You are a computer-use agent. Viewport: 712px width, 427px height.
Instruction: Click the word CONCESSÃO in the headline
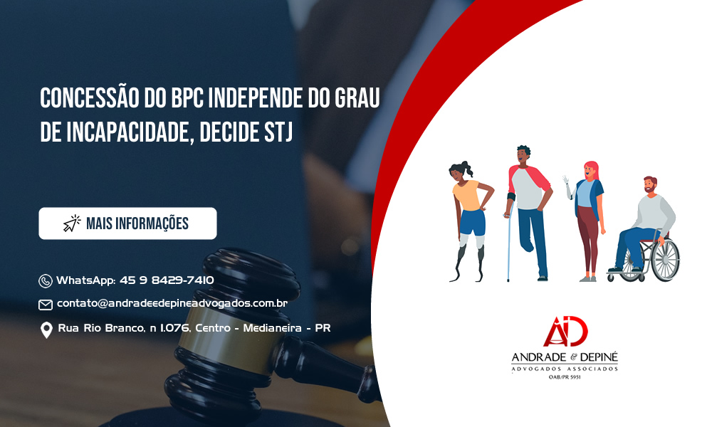tap(89, 98)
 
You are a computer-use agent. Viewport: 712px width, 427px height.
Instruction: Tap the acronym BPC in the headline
tap(187, 98)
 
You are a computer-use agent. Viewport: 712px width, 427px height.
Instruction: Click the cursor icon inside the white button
tap(72, 223)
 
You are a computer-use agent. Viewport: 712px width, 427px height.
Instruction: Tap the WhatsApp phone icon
tap(46, 281)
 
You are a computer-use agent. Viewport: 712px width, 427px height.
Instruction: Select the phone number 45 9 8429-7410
tap(167, 280)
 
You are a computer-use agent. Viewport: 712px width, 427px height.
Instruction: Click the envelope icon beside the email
tap(46, 305)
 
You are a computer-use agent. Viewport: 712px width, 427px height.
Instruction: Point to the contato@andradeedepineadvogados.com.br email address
tap(172, 303)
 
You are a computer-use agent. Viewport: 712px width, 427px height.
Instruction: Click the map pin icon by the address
tap(46, 330)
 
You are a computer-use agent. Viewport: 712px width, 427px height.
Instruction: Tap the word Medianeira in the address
tap(273, 327)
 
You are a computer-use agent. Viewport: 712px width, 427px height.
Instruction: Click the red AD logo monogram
tap(565, 331)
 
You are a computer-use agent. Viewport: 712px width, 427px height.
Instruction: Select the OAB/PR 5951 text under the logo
tap(565, 377)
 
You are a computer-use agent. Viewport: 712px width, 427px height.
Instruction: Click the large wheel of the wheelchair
tap(665, 260)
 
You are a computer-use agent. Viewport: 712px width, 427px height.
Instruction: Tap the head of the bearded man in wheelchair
tap(651, 185)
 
